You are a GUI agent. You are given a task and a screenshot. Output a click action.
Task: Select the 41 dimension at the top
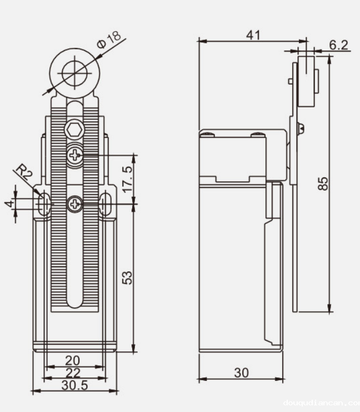coord(253,34)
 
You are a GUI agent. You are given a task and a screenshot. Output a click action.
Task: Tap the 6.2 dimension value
coord(338,45)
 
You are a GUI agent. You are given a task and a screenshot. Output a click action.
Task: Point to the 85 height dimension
coord(323,183)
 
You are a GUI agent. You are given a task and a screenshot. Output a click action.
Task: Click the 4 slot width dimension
coord(8,204)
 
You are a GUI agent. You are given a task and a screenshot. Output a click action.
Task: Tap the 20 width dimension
coord(73,361)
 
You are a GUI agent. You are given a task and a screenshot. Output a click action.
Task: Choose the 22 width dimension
coord(73,373)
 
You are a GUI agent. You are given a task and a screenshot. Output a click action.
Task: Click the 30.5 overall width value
coord(74,385)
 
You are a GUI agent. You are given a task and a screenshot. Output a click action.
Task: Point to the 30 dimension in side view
coord(241,373)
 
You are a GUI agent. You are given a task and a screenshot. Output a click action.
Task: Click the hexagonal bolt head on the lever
coord(74,131)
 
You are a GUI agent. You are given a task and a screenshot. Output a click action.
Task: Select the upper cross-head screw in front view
coord(74,155)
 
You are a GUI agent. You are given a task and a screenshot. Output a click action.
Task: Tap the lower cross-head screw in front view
coord(74,205)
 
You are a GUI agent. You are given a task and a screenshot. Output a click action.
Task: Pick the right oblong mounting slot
coord(105,205)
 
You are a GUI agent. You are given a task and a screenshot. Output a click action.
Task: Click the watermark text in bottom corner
coord(321,404)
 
